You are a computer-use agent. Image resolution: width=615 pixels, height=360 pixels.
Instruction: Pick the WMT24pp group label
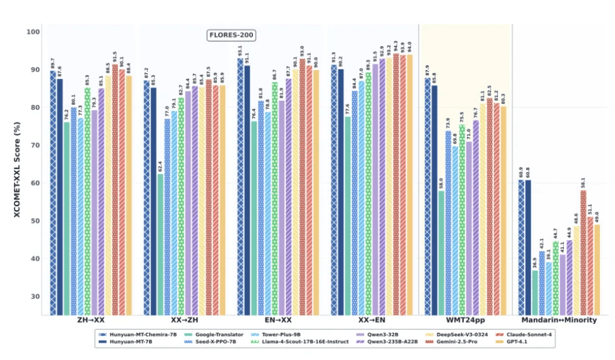tap(465, 321)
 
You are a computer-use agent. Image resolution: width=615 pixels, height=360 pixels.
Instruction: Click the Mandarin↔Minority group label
tap(559, 321)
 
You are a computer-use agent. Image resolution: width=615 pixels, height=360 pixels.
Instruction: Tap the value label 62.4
tap(160, 168)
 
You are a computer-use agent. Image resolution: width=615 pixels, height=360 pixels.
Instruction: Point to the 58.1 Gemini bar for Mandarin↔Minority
tap(583, 252)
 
